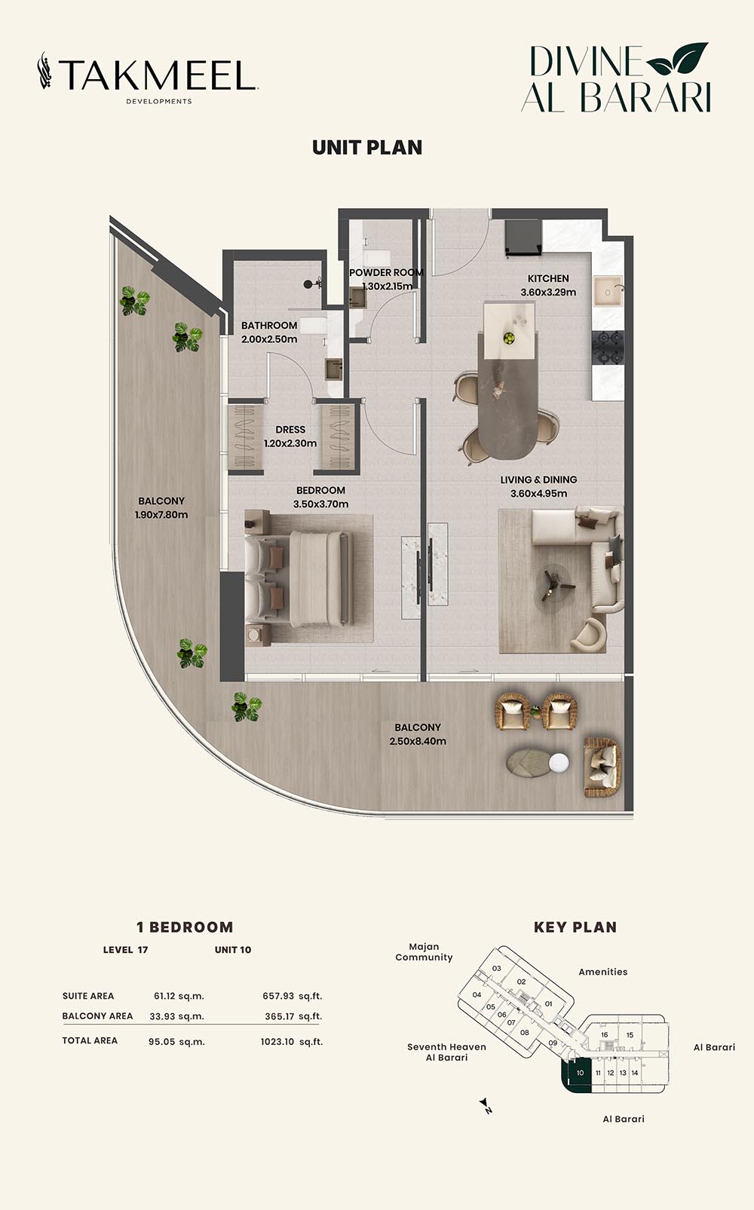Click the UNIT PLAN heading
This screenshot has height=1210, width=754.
[x=367, y=148]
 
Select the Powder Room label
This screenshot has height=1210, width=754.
[x=386, y=273]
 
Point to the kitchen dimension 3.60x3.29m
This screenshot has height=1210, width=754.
[x=548, y=293]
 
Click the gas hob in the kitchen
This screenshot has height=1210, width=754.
[x=608, y=348]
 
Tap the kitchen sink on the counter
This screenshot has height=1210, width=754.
[x=608, y=292]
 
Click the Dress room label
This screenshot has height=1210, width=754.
[x=290, y=430]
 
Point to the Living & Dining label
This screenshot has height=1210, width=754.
[x=538, y=479]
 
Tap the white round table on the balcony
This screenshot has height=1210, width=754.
[x=559, y=762]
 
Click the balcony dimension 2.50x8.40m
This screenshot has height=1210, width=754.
[x=418, y=741]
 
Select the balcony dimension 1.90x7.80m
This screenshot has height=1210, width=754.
[x=161, y=515]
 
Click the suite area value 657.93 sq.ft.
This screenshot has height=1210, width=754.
[x=293, y=996]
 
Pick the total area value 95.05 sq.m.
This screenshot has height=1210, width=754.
[x=176, y=1042]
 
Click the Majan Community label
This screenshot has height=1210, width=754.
[x=424, y=952]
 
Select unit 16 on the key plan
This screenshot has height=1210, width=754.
[x=605, y=1035]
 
